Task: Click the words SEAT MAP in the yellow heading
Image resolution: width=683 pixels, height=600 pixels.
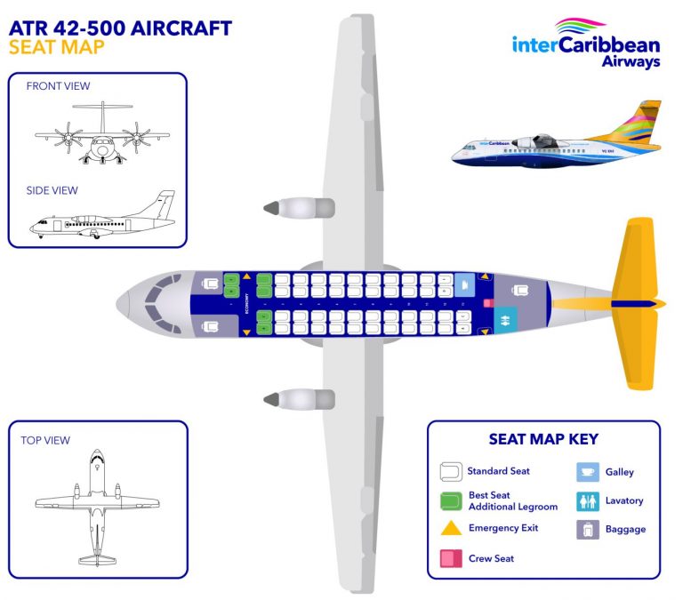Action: pyautogui.click(x=56, y=46)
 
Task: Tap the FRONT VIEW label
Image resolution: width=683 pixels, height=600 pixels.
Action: pyautogui.click(x=58, y=86)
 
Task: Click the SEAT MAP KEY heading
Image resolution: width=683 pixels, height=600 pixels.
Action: pyautogui.click(x=543, y=439)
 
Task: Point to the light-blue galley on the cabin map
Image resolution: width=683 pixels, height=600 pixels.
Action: pyautogui.click(x=464, y=284)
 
